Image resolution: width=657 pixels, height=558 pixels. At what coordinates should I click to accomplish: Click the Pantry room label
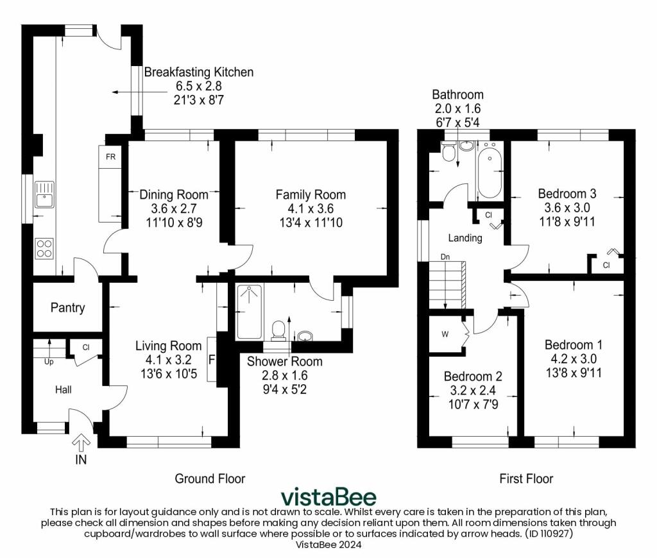(67, 308)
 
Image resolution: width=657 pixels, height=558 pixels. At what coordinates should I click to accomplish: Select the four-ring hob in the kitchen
(44, 248)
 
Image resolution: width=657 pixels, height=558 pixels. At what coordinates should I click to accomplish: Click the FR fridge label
(110, 156)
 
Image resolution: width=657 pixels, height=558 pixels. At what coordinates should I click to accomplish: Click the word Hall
(64, 389)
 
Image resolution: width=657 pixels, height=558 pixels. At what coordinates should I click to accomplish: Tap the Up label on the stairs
(49, 362)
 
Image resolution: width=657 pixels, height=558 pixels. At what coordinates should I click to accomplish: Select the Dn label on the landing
(445, 257)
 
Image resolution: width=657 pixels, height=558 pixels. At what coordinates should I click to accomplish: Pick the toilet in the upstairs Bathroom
(448, 151)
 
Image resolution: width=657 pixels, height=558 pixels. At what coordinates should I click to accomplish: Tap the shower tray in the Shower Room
(250, 311)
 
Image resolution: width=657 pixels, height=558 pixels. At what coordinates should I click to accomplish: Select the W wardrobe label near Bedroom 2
(445, 334)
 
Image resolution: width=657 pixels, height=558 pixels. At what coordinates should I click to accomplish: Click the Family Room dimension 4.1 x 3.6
(311, 208)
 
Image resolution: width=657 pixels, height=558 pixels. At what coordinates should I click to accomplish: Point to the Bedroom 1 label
(573, 345)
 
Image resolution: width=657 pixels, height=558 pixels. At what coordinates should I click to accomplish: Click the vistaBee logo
(328, 496)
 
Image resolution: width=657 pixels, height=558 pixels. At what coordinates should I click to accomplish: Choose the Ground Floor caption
(210, 478)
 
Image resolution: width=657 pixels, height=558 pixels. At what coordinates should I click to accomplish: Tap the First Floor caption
(526, 478)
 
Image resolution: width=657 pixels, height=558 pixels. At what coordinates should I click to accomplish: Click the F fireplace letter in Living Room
(212, 360)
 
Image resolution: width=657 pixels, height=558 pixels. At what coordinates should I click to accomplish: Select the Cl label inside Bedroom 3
(606, 265)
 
